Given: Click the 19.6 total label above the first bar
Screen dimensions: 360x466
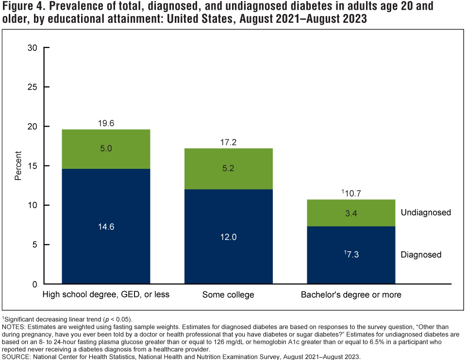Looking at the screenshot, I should tap(106, 123).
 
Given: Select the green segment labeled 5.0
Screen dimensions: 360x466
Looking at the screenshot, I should tap(106, 149).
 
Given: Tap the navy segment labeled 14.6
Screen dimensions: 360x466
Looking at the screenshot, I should tap(106, 226).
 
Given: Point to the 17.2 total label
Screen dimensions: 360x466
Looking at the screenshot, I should tap(228, 142).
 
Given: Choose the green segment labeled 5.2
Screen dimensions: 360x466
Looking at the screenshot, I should tap(228, 169).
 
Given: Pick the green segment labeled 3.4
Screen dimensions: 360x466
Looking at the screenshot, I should tap(351, 213).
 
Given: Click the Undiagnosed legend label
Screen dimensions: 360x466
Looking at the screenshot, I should tap(426, 213).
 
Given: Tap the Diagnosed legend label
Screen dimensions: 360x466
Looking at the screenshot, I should tap(421, 255).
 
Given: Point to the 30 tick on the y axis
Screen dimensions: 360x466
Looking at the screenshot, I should tap(33, 48).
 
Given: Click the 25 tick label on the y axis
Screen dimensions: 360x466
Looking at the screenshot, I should tap(33, 87).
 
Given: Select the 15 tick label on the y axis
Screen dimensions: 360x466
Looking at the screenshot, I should tap(33, 166).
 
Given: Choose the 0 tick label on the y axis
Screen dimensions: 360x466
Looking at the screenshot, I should tap(35, 284).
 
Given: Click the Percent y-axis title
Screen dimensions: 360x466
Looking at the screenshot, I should tap(18, 166).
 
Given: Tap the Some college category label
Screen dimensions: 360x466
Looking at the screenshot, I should tap(228, 295).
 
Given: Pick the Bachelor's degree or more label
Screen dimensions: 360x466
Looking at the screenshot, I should tap(351, 295).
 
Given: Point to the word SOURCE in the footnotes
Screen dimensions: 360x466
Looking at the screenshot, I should tap(17, 356).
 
